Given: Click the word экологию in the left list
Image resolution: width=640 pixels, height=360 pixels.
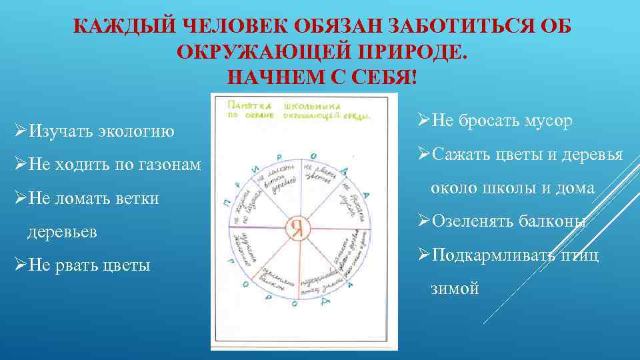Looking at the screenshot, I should click(138, 130).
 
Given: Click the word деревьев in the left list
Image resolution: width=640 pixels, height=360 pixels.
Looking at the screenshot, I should click(62, 232).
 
